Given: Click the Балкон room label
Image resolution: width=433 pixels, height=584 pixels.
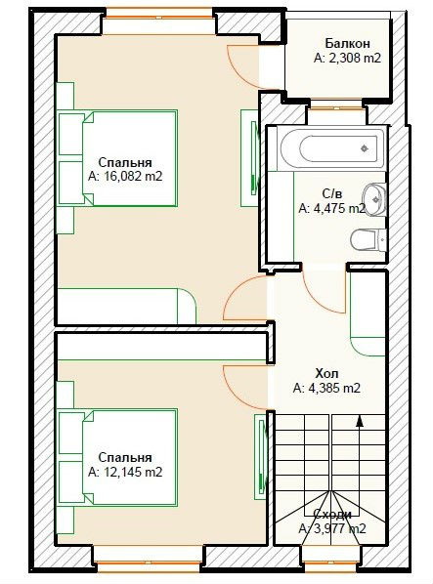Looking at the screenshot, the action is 347,44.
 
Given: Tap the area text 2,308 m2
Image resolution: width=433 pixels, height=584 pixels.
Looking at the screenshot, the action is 355,58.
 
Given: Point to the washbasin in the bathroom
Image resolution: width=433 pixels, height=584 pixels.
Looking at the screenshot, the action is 375,199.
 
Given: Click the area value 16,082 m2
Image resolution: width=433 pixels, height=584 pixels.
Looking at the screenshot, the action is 133,176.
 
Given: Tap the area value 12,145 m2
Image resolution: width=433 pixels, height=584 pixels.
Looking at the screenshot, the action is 133,472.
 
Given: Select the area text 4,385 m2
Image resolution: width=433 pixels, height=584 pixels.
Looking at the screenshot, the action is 334,389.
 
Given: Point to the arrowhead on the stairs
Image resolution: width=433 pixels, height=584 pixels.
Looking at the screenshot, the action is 360,420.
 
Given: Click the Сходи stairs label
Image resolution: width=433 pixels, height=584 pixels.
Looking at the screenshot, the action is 332,514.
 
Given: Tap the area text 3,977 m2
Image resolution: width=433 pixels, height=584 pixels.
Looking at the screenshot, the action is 340,528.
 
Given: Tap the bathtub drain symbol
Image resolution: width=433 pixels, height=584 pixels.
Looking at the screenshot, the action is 365,148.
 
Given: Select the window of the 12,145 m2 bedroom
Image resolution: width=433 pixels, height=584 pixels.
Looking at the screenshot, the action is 149,566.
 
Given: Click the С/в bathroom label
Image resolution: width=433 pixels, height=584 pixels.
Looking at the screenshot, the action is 332,193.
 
